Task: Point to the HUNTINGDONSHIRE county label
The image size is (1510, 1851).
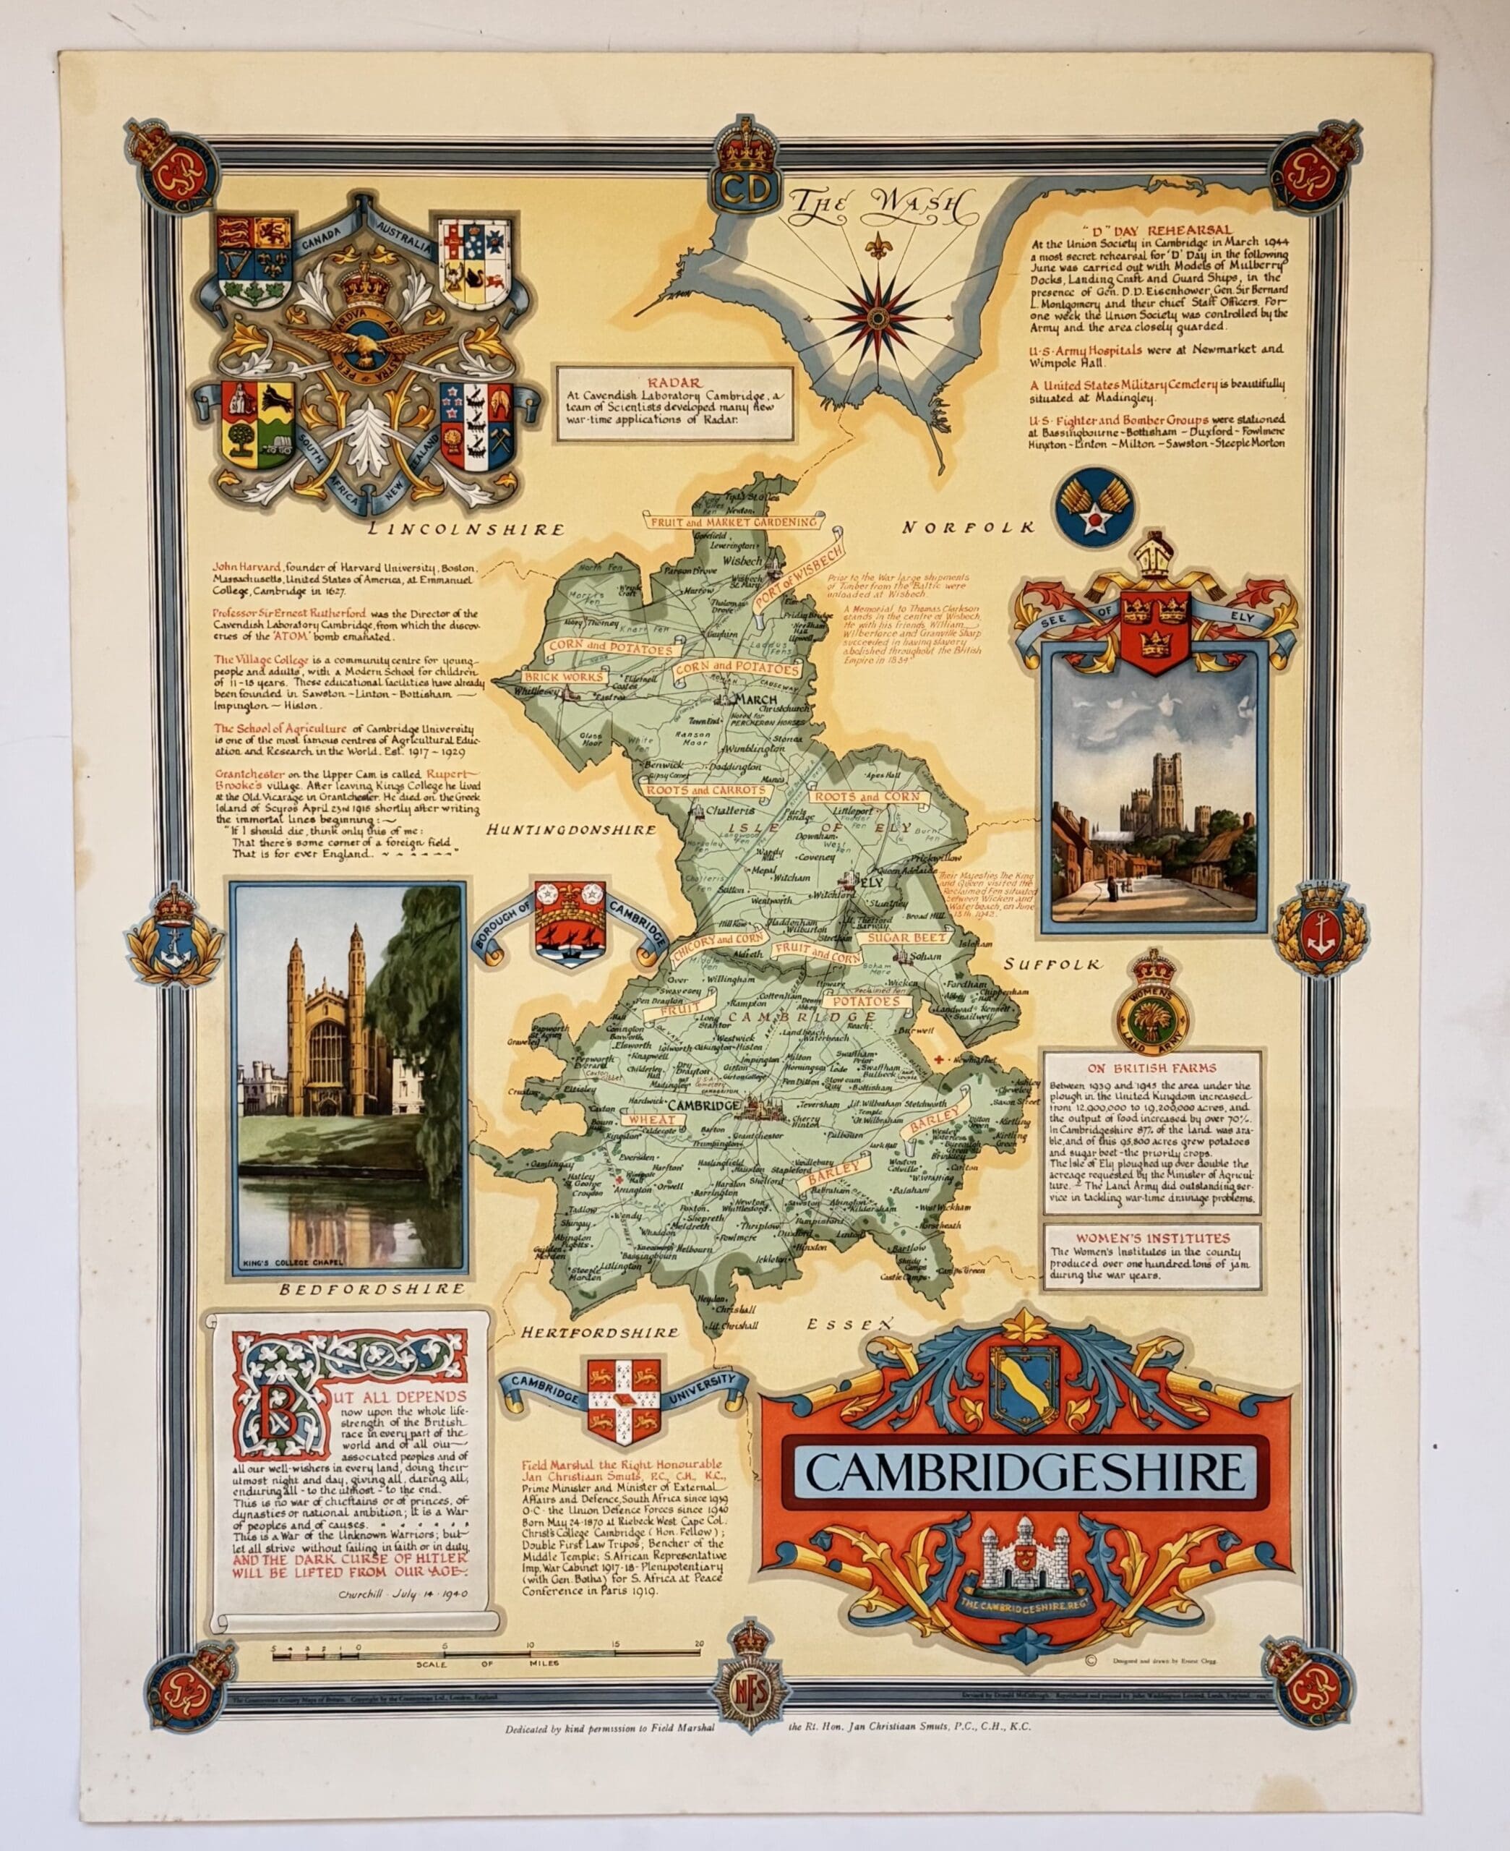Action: tap(572, 830)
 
